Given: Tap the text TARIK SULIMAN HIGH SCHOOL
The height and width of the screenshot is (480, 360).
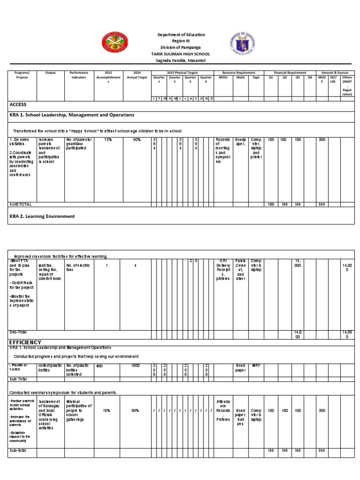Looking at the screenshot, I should [x=181, y=54].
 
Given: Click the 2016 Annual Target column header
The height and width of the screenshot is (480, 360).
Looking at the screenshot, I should [x=137, y=75].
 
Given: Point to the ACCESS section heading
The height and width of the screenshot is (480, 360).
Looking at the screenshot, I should [x=18, y=105].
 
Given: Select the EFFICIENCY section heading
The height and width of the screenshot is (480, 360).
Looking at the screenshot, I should [x=25, y=342].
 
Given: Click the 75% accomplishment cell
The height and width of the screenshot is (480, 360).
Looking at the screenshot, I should [x=108, y=140].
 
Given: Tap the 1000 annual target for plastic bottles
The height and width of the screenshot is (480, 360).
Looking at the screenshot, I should [x=135, y=365].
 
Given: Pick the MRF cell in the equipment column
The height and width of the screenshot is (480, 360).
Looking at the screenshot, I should [x=256, y=365].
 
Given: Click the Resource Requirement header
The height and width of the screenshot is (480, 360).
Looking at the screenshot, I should [x=239, y=73].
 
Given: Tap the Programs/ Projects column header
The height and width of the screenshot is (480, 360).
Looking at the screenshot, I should [x=22, y=75].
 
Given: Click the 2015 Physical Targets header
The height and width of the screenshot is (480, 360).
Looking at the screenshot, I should [x=183, y=73].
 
